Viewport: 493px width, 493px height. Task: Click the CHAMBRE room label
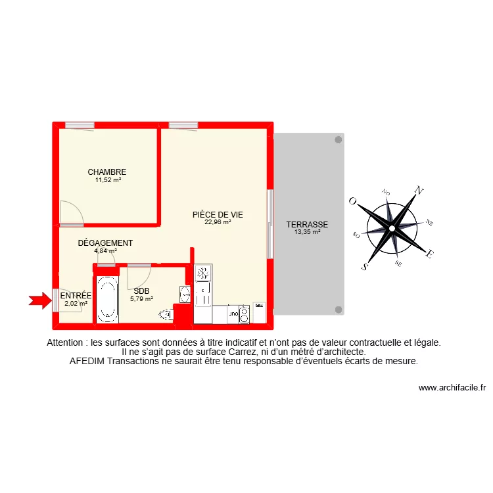106,172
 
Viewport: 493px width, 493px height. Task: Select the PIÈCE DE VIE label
218,214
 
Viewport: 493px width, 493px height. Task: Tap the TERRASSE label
307,224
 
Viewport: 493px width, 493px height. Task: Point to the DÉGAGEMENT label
105,243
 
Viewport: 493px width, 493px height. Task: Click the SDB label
141,291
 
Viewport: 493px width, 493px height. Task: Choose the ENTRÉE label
76,296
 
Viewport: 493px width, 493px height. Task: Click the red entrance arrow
40,300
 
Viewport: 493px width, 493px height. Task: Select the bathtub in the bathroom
107,300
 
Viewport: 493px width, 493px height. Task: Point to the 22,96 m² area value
218,222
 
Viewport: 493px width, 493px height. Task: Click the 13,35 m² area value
307,232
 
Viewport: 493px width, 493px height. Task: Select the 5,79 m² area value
141,298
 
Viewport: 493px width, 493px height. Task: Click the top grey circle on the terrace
339,139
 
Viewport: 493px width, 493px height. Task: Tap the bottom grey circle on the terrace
339,309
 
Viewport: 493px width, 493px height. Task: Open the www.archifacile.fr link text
452,388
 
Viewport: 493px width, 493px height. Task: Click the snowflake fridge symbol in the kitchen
203,272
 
